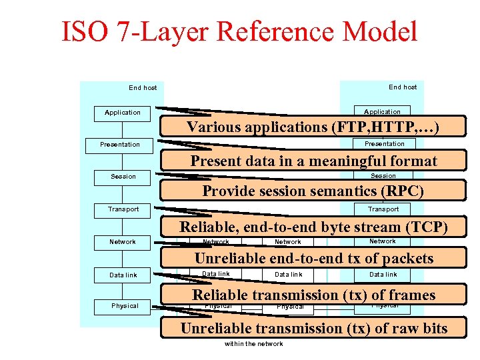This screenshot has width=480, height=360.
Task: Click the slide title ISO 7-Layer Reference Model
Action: [240, 31]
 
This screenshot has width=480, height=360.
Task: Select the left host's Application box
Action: [123, 113]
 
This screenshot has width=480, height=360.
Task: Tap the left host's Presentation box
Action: [120, 145]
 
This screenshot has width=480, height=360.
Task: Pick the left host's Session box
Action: [123, 177]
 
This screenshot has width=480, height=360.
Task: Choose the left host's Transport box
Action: [123, 209]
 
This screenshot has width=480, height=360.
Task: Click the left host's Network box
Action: [123, 242]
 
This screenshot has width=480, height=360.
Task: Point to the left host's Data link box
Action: [123, 275]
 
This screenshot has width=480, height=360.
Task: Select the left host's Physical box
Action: [125, 306]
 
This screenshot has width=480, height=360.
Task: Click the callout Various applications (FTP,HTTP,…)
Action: [313, 127]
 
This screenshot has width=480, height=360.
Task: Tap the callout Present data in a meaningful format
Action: [314, 161]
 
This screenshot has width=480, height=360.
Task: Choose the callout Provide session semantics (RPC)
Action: [313, 191]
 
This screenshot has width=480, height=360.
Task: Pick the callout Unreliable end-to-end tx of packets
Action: [314, 259]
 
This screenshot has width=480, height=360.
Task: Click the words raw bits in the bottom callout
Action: [415, 328]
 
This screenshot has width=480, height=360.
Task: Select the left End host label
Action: [143, 88]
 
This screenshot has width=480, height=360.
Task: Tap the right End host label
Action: [403, 87]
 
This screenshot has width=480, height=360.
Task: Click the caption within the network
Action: [254, 344]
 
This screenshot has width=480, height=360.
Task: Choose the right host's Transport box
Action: [383, 209]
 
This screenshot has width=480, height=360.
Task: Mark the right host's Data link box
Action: [383, 275]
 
